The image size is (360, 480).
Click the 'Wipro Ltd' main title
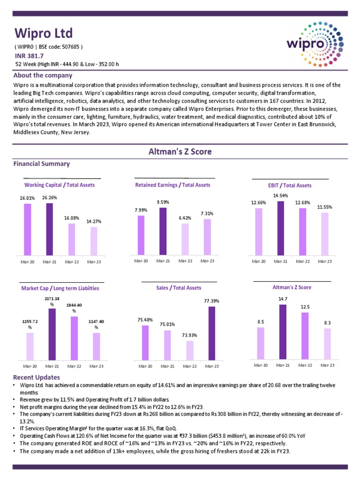tap(44, 33)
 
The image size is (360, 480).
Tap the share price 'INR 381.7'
tap(30, 56)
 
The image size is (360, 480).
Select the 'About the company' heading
tap(43, 75)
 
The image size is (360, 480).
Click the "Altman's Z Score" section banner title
tap(180, 151)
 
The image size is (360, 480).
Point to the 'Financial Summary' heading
tap(42, 164)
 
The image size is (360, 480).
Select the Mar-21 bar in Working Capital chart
tap(50, 229)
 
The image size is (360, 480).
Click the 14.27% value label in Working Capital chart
tap(94, 221)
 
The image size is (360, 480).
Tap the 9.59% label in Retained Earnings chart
tap(163, 202)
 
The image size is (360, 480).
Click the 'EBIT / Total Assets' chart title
tap(290, 185)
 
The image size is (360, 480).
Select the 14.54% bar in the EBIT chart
tap(281, 228)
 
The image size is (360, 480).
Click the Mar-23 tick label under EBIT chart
tap(325, 261)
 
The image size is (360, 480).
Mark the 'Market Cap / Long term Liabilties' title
tap(60, 288)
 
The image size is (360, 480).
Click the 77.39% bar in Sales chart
tap(211, 333)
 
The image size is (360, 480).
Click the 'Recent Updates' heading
tap(37, 377)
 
